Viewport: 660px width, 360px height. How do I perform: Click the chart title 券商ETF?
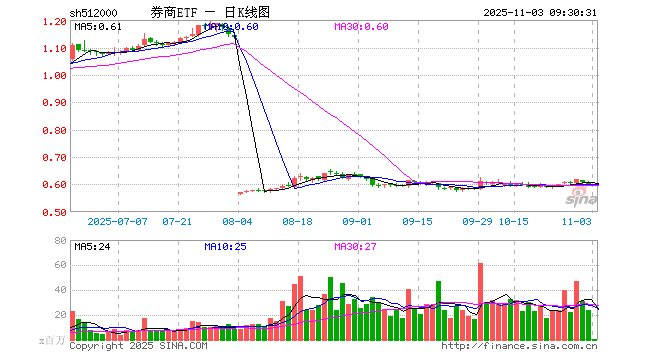pos(173,13)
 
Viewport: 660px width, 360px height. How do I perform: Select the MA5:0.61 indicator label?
pos(98,27)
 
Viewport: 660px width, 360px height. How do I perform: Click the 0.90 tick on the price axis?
pos(55,103)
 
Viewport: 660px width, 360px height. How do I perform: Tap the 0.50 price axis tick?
pos(55,212)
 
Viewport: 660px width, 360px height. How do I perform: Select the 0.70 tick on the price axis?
pos(55,158)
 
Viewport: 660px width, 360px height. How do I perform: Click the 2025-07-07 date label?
pos(116,222)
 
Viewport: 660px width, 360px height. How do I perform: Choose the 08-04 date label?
pos(238,222)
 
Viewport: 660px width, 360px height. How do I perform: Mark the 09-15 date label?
pos(417,222)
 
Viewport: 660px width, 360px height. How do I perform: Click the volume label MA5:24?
pos(93,246)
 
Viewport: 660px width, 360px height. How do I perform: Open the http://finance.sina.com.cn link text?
pos(520,347)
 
